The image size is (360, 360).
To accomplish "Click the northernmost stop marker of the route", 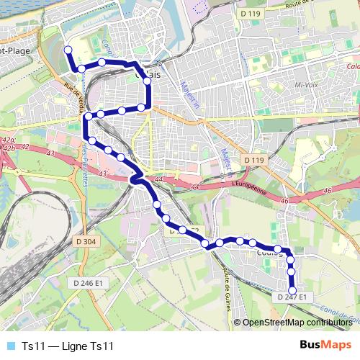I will click(68, 50).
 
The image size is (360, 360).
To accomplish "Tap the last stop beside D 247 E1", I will click(292, 290).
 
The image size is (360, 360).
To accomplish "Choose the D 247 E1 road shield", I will click(292, 297).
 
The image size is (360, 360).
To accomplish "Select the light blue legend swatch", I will click(9, 346).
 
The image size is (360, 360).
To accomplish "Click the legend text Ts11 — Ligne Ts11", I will click(68, 346).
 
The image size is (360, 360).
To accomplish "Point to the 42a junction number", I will click(8, 140).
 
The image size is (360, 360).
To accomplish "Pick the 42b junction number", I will click(8, 148).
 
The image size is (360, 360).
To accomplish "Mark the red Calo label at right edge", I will click(353, 67).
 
